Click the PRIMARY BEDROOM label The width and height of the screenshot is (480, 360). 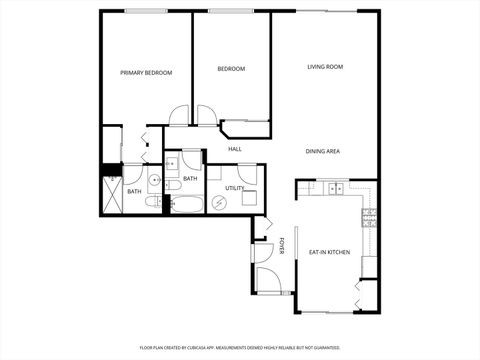146,73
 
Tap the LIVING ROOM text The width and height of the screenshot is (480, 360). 325,67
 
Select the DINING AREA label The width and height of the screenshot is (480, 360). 323,151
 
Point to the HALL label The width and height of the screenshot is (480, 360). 235,149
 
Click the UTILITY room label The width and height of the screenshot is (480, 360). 234,187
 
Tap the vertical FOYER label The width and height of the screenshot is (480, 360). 282,245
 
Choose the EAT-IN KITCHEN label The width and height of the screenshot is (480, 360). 328,252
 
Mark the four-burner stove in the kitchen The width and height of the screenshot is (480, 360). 368,214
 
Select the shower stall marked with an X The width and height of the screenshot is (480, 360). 111,199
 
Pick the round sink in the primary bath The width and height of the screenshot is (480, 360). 154,180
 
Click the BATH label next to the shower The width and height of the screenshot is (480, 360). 133,191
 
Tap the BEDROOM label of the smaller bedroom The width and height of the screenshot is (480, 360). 231,69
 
